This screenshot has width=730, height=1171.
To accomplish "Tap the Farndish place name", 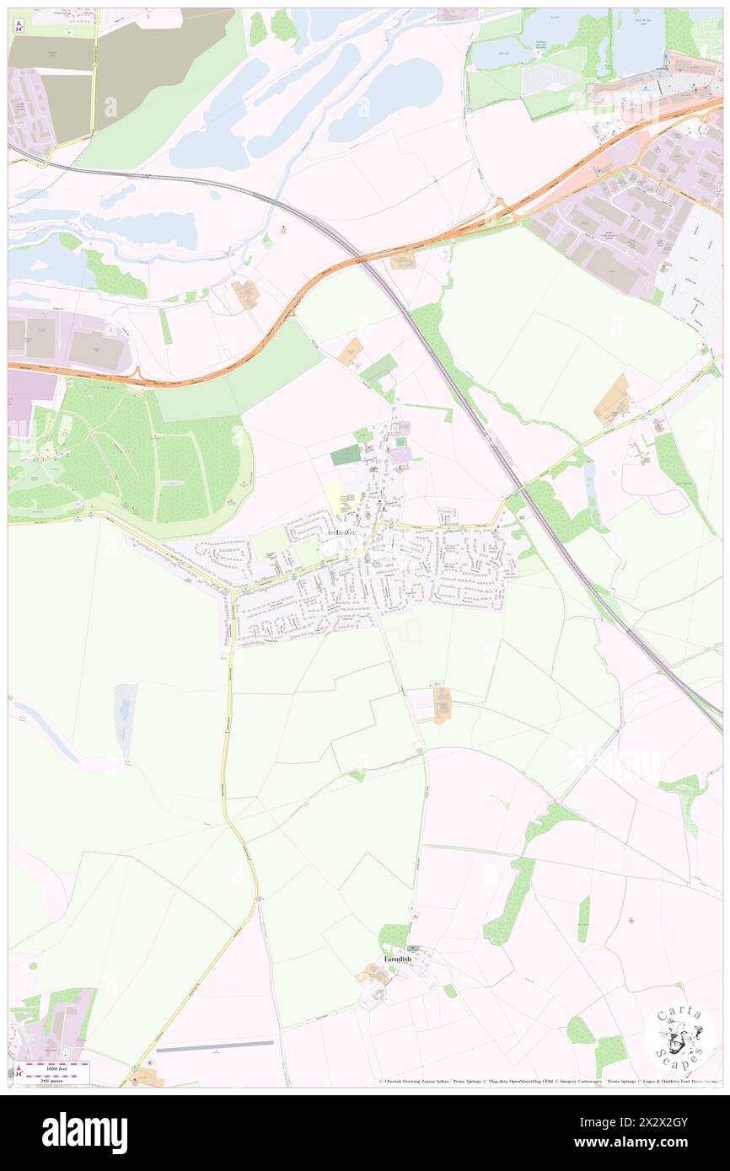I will (398, 959).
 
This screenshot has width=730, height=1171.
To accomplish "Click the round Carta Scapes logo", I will (680, 1037).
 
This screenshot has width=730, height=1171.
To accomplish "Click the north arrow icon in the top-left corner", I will (18, 26).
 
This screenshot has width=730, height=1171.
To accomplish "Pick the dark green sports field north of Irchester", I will (345, 455).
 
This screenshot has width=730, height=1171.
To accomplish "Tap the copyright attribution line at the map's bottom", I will (548, 1081).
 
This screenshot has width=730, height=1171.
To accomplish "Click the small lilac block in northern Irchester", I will (400, 455).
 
